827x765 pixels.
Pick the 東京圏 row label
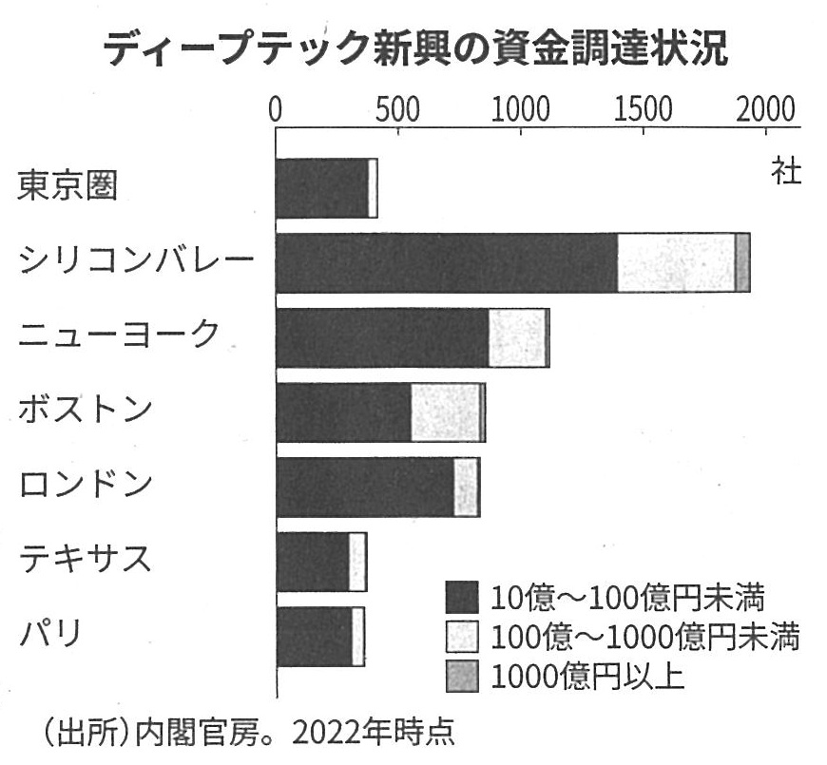67,186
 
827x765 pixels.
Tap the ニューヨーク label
119,335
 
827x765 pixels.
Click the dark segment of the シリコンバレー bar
446,262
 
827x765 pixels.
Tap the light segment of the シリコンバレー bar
676,262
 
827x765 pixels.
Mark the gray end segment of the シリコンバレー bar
742,262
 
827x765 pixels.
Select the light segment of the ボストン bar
445,412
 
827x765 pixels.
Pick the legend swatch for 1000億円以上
461,676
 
